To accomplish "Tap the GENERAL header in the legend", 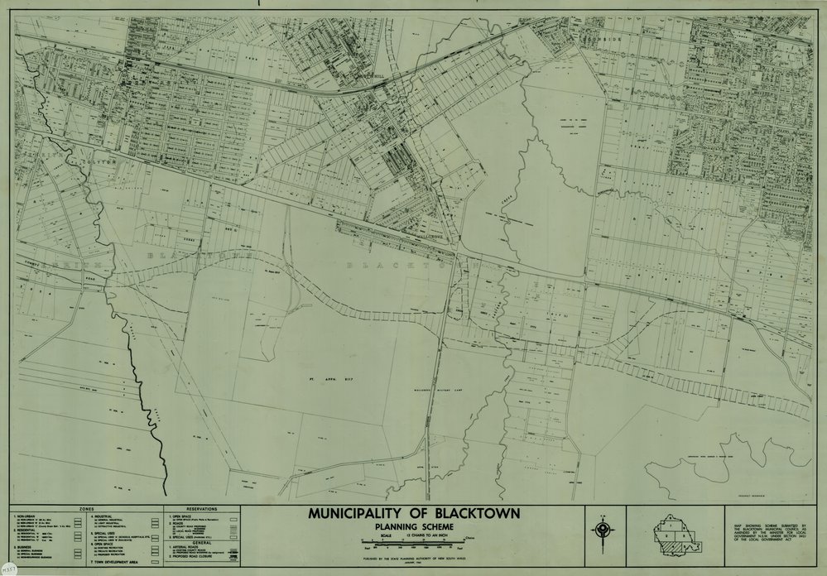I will pos(201,543).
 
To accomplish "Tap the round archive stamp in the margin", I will pos(7,564).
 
